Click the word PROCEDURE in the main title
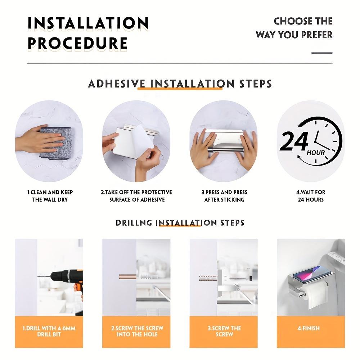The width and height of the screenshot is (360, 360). pos(78,43)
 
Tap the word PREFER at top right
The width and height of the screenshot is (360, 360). pos(317,35)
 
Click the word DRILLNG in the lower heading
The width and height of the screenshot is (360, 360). pos(134,223)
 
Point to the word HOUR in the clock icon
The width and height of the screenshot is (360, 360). pos(316,153)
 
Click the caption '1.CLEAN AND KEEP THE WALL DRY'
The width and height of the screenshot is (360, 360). pos(50,196)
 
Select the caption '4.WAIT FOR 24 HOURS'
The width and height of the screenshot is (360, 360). pos(311,196)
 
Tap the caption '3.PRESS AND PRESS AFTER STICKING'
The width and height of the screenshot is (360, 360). pos(224,196)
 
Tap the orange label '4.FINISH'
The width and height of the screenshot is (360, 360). pos(309,328)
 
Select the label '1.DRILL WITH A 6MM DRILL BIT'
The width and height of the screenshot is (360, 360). pos(49,331)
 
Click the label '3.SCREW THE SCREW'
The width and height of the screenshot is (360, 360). pos(224,331)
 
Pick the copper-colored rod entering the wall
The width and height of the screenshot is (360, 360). pos(128,276)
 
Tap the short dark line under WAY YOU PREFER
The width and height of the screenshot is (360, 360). pos(322,53)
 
